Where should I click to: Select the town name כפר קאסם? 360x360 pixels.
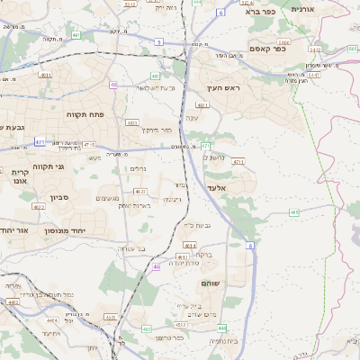click(x=267, y=49)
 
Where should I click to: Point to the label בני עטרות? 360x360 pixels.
click(x=131, y=247)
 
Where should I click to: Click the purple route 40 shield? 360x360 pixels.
click(x=113, y=85)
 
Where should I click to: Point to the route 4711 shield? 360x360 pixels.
click(x=238, y=162)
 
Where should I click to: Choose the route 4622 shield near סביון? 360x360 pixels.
click(x=38, y=206)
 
